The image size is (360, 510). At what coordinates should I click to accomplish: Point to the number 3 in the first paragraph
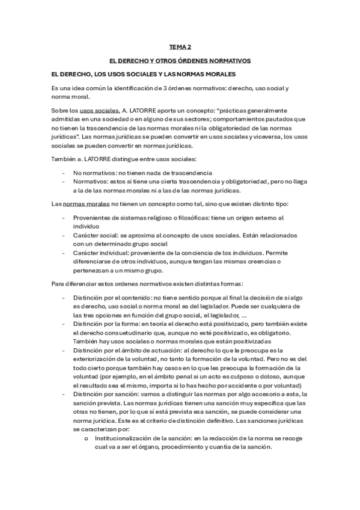pyautogui.click(x=163, y=88)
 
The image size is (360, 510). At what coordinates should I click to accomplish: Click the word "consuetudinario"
pyautogui.click(x=123, y=332)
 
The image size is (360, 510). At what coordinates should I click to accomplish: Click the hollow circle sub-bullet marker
pyautogui.click(x=88, y=438)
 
